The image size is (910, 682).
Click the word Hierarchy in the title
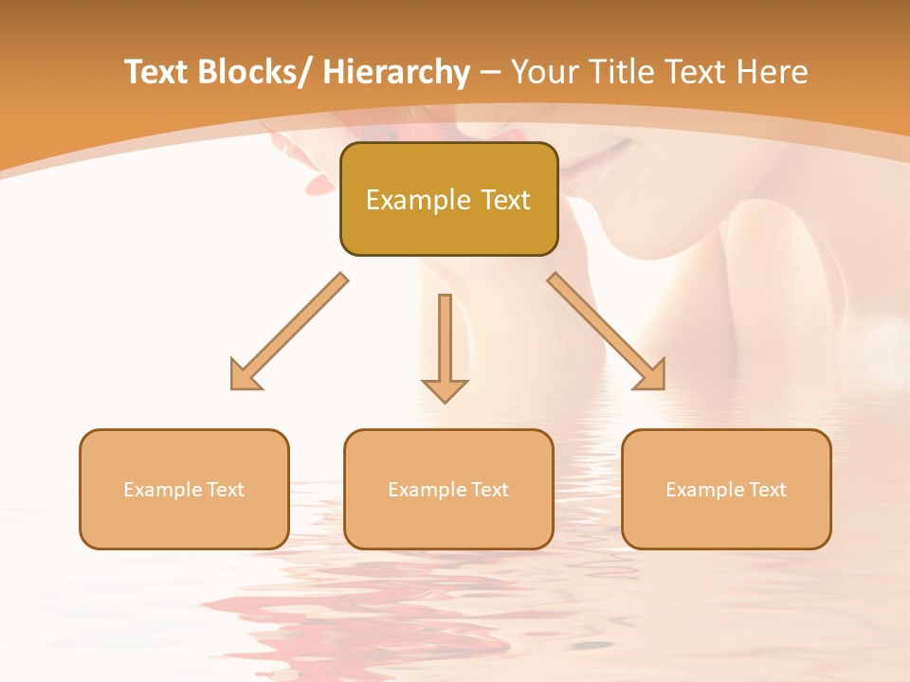tap(396, 72)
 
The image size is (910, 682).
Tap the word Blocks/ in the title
tap(253, 72)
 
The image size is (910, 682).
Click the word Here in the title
tap(771, 72)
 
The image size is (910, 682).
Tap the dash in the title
tap(490, 74)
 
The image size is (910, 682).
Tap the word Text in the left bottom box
tap(226, 490)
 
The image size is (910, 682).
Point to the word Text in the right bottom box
tap(768, 490)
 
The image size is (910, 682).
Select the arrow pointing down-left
tap(288, 332)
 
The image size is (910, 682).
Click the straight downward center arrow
tap(445, 336)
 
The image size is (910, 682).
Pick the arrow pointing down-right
tap(606, 331)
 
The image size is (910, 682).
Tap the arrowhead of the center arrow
tap(445, 390)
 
